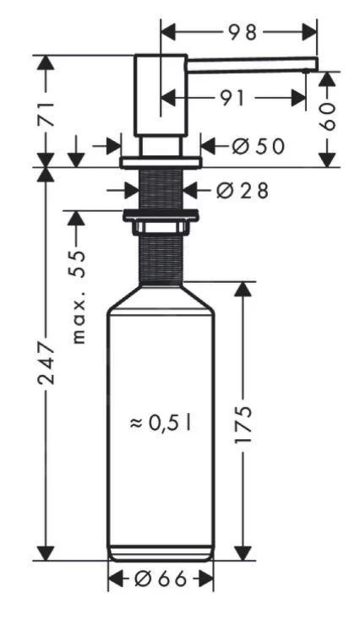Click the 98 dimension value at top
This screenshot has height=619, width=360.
tap(241, 31)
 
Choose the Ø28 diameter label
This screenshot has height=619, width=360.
tap(242, 190)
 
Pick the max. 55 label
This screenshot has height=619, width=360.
tap(79, 296)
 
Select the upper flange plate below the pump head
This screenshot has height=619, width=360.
tap(161, 161)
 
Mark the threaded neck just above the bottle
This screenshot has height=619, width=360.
tap(161, 258)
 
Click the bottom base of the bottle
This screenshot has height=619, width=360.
tap(161, 553)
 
